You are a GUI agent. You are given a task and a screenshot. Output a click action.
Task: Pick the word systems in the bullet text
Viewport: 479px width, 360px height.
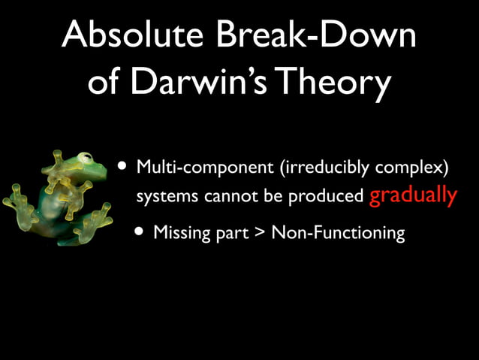[163, 196]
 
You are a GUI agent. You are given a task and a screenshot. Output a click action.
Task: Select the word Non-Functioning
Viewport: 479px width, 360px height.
[338, 234]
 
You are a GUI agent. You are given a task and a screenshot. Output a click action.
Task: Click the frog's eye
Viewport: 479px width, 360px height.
[86, 159]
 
